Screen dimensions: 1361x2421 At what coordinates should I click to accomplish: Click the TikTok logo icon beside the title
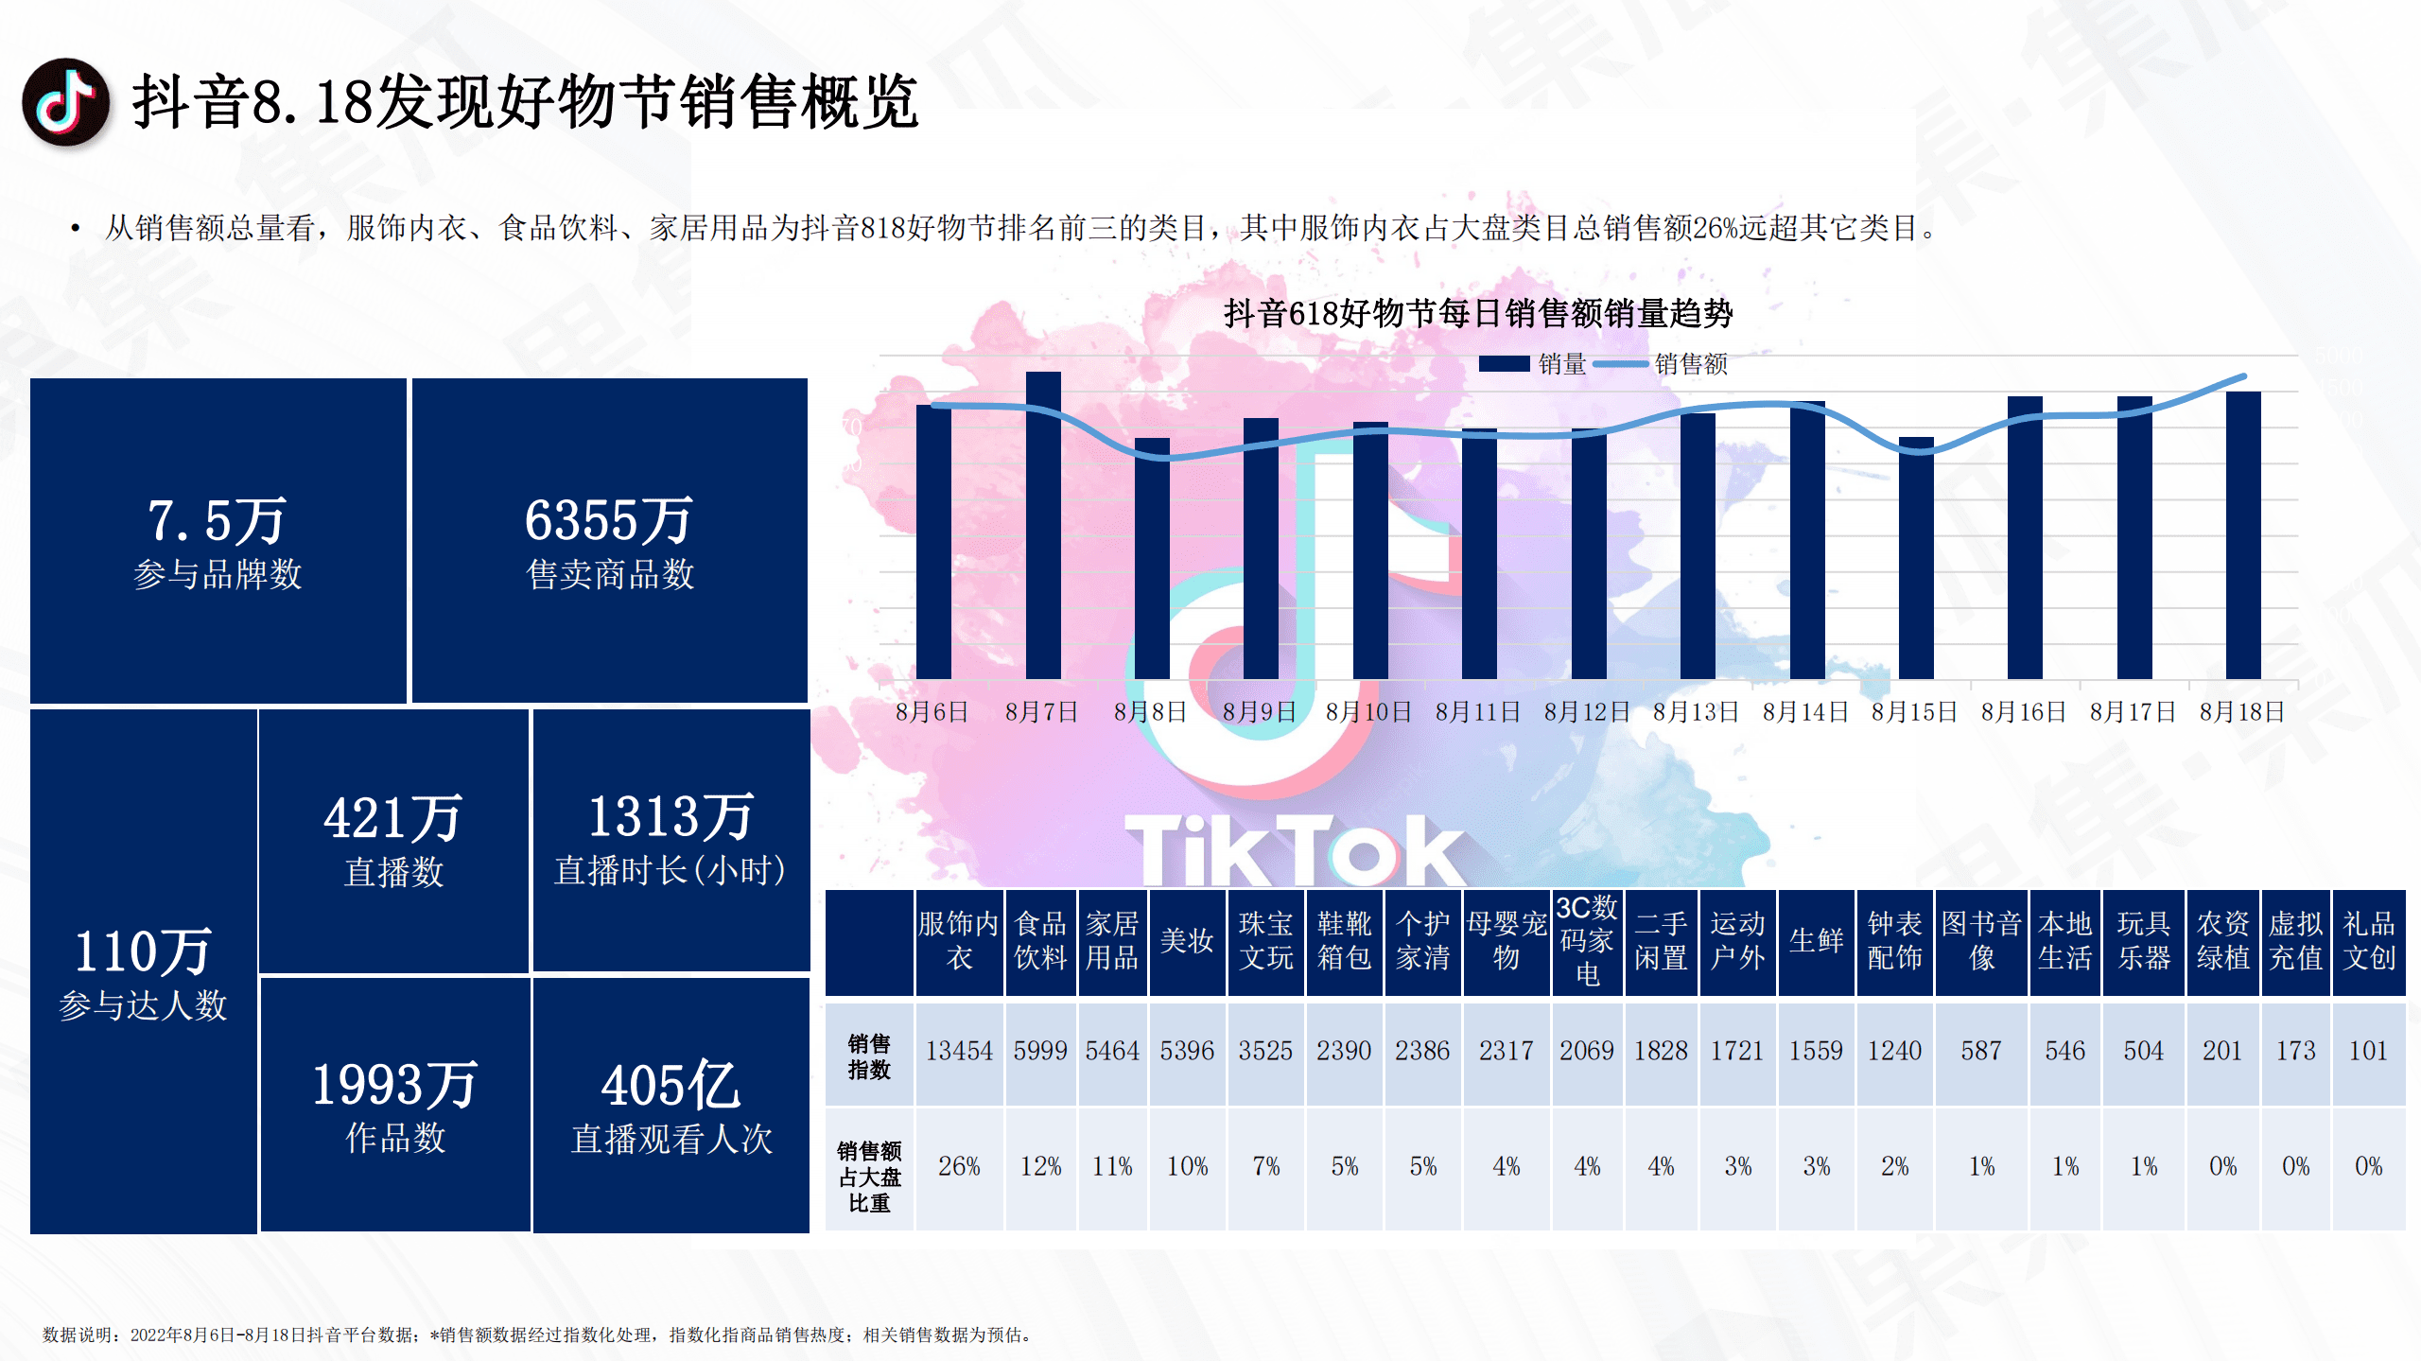[65, 102]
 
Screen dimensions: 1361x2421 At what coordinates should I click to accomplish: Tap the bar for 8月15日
[1916, 558]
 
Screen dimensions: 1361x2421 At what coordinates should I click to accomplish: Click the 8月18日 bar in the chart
[2242, 534]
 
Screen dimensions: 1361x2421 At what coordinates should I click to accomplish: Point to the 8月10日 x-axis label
[1367, 712]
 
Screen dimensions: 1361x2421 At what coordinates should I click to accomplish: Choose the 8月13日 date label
[1696, 712]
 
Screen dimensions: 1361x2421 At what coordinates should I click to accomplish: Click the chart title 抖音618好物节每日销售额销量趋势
[1477, 313]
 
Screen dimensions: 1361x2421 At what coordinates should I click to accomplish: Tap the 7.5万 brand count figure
[217, 521]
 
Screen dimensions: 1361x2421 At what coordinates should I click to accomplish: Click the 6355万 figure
[609, 521]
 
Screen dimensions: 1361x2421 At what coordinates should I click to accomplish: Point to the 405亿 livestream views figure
[671, 1086]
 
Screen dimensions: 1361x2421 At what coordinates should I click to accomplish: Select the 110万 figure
[143, 951]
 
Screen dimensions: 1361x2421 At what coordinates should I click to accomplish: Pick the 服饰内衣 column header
[958, 941]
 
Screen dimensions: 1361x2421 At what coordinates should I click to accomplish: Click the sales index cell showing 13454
[958, 1051]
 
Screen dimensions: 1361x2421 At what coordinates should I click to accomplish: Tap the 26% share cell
[958, 1166]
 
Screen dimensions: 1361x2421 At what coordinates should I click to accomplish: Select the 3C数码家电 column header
[1587, 941]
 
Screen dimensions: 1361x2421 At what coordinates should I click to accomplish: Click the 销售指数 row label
[868, 1056]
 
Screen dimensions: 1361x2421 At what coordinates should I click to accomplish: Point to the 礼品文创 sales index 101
[2367, 1051]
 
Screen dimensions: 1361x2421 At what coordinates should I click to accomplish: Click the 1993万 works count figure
[394, 1086]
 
